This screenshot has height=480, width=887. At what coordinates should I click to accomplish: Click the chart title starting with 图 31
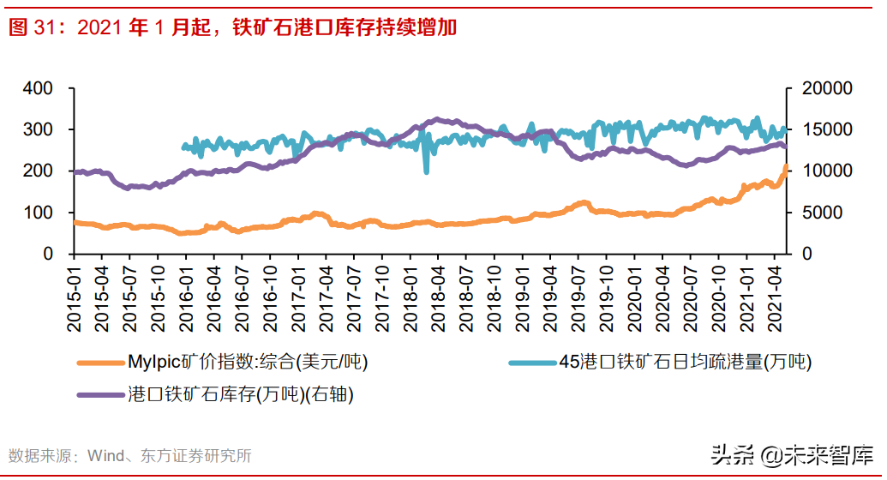coord(232,27)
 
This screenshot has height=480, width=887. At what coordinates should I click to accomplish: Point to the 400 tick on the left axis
coord(38,88)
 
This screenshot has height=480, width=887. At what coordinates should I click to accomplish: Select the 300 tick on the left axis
coord(38,129)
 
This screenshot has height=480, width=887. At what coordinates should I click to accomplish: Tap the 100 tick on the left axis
coord(38,213)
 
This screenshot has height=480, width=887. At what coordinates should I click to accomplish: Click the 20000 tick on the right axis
coord(826,88)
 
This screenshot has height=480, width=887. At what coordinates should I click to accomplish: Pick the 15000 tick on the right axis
coord(826,129)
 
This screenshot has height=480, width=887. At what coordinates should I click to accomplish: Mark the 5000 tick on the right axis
coord(821,213)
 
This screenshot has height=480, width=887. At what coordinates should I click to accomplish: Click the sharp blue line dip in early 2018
coord(427,171)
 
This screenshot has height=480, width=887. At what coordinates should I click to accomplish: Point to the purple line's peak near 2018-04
coord(437,120)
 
